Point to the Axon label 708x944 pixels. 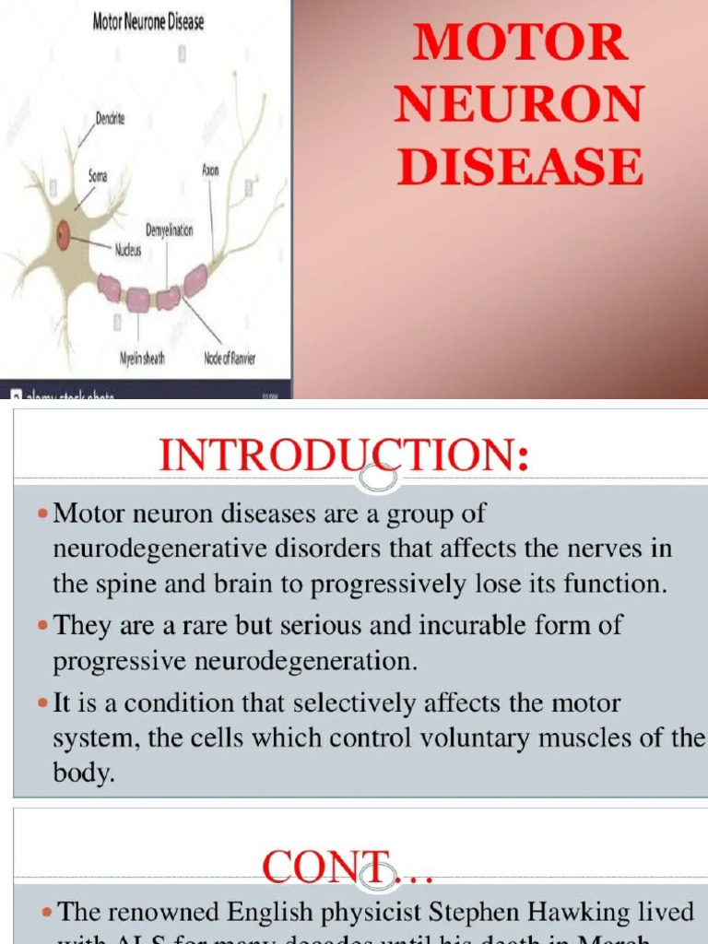[210, 171]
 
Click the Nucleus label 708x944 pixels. [127, 249]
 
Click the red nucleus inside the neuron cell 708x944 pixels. [64, 235]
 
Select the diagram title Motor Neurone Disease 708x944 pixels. [148, 22]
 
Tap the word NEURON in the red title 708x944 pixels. [520, 105]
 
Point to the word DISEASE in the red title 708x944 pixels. [520, 168]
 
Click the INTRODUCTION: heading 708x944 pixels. [345, 456]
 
